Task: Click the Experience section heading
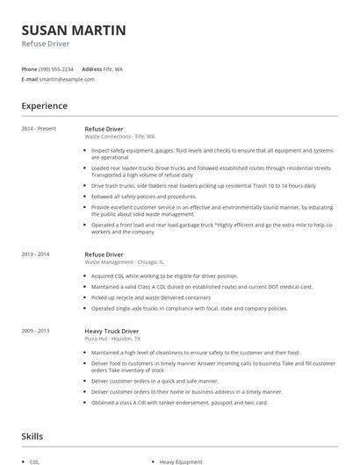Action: (x=44, y=106)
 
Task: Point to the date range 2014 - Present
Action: (x=39, y=129)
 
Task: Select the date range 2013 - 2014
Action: (x=36, y=254)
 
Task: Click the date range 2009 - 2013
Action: (x=36, y=331)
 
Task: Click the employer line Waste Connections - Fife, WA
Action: (x=119, y=137)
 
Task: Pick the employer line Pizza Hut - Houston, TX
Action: (x=115, y=339)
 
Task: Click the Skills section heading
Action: (x=33, y=435)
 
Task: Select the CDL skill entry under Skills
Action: (x=34, y=460)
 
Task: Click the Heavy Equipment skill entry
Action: (x=181, y=460)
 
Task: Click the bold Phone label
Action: (x=30, y=68)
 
